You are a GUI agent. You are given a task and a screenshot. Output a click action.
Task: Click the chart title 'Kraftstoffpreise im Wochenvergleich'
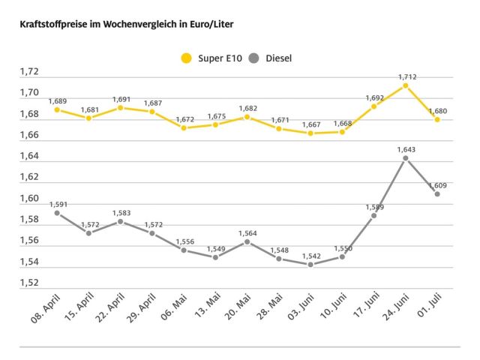(121, 25)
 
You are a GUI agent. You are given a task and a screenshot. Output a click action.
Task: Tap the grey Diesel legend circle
(256, 58)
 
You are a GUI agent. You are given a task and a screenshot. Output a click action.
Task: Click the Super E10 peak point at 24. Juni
(405, 85)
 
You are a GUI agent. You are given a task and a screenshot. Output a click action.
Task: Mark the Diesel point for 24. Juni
(405, 158)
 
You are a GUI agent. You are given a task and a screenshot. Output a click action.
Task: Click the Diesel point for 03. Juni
(310, 264)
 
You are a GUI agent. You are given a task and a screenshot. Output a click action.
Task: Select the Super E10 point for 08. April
(57, 109)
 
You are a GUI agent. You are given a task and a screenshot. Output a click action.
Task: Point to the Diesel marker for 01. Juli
(436, 193)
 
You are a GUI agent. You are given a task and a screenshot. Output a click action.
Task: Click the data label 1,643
(406, 149)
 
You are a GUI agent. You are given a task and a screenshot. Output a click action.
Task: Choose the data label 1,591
(58, 204)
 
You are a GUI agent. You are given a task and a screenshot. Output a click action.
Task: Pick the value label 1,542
(310, 256)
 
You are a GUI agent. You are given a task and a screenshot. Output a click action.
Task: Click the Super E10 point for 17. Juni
(373, 106)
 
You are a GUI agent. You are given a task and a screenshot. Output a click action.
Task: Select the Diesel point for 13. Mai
(215, 257)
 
